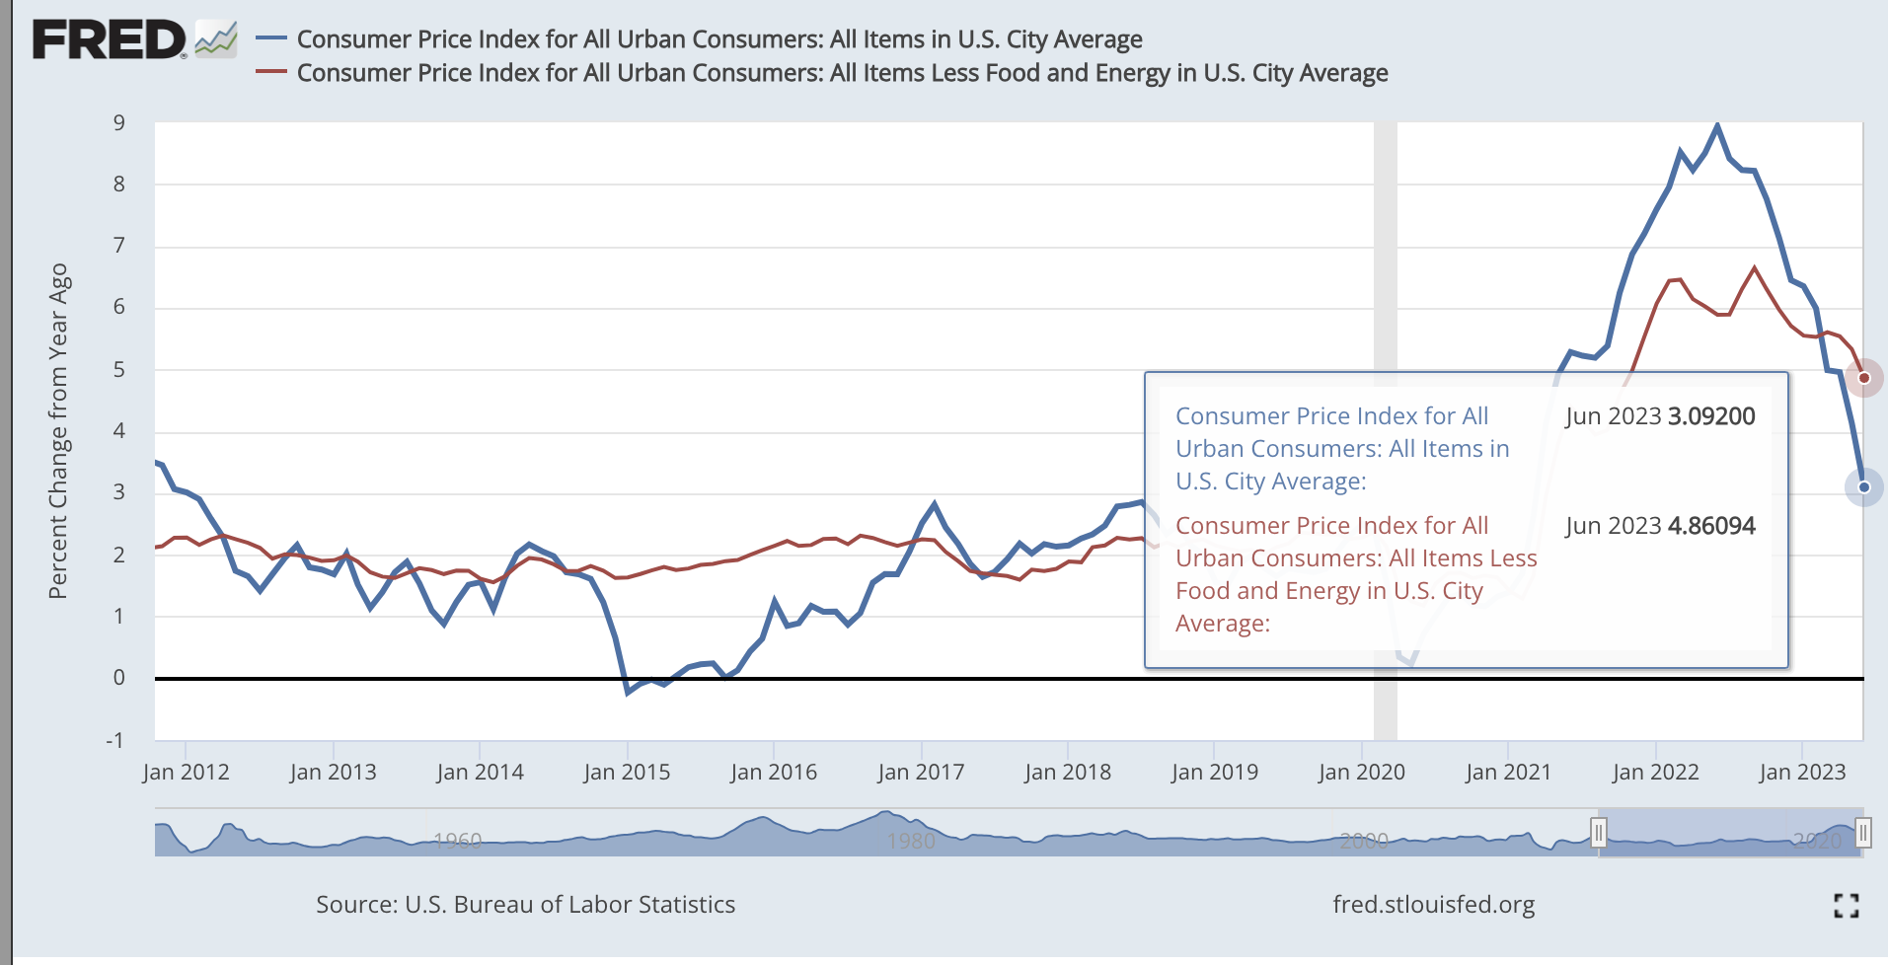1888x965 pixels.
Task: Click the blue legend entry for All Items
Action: (x=718, y=39)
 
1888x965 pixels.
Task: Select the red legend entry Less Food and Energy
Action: (x=841, y=73)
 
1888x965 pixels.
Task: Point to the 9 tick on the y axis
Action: (x=119, y=123)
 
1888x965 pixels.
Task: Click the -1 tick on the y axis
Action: (x=115, y=740)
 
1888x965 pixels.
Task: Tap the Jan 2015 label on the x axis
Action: (x=627, y=772)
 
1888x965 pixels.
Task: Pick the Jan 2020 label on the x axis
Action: (x=1361, y=772)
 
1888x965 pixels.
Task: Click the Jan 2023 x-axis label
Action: (x=1802, y=772)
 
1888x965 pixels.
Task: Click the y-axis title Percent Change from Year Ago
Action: (x=58, y=431)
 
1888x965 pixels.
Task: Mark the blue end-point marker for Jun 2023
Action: (x=1863, y=487)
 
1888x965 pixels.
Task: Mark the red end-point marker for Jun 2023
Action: (x=1863, y=378)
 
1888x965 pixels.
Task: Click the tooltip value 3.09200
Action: (x=1711, y=416)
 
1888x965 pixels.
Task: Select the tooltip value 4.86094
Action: (x=1711, y=526)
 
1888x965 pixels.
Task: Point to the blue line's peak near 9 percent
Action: (x=1717, y=125)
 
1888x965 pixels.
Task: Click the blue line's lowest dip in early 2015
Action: (x=628, y=693)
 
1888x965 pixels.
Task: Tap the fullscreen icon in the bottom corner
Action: (x=1846, y=905)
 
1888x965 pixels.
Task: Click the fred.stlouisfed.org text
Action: (x=1433, y=905)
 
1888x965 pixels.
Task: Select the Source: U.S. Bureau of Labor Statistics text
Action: (x=525, y=905)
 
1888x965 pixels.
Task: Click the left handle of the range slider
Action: (x=1599, y=833)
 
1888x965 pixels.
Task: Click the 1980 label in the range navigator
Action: (x=910, y=841)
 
